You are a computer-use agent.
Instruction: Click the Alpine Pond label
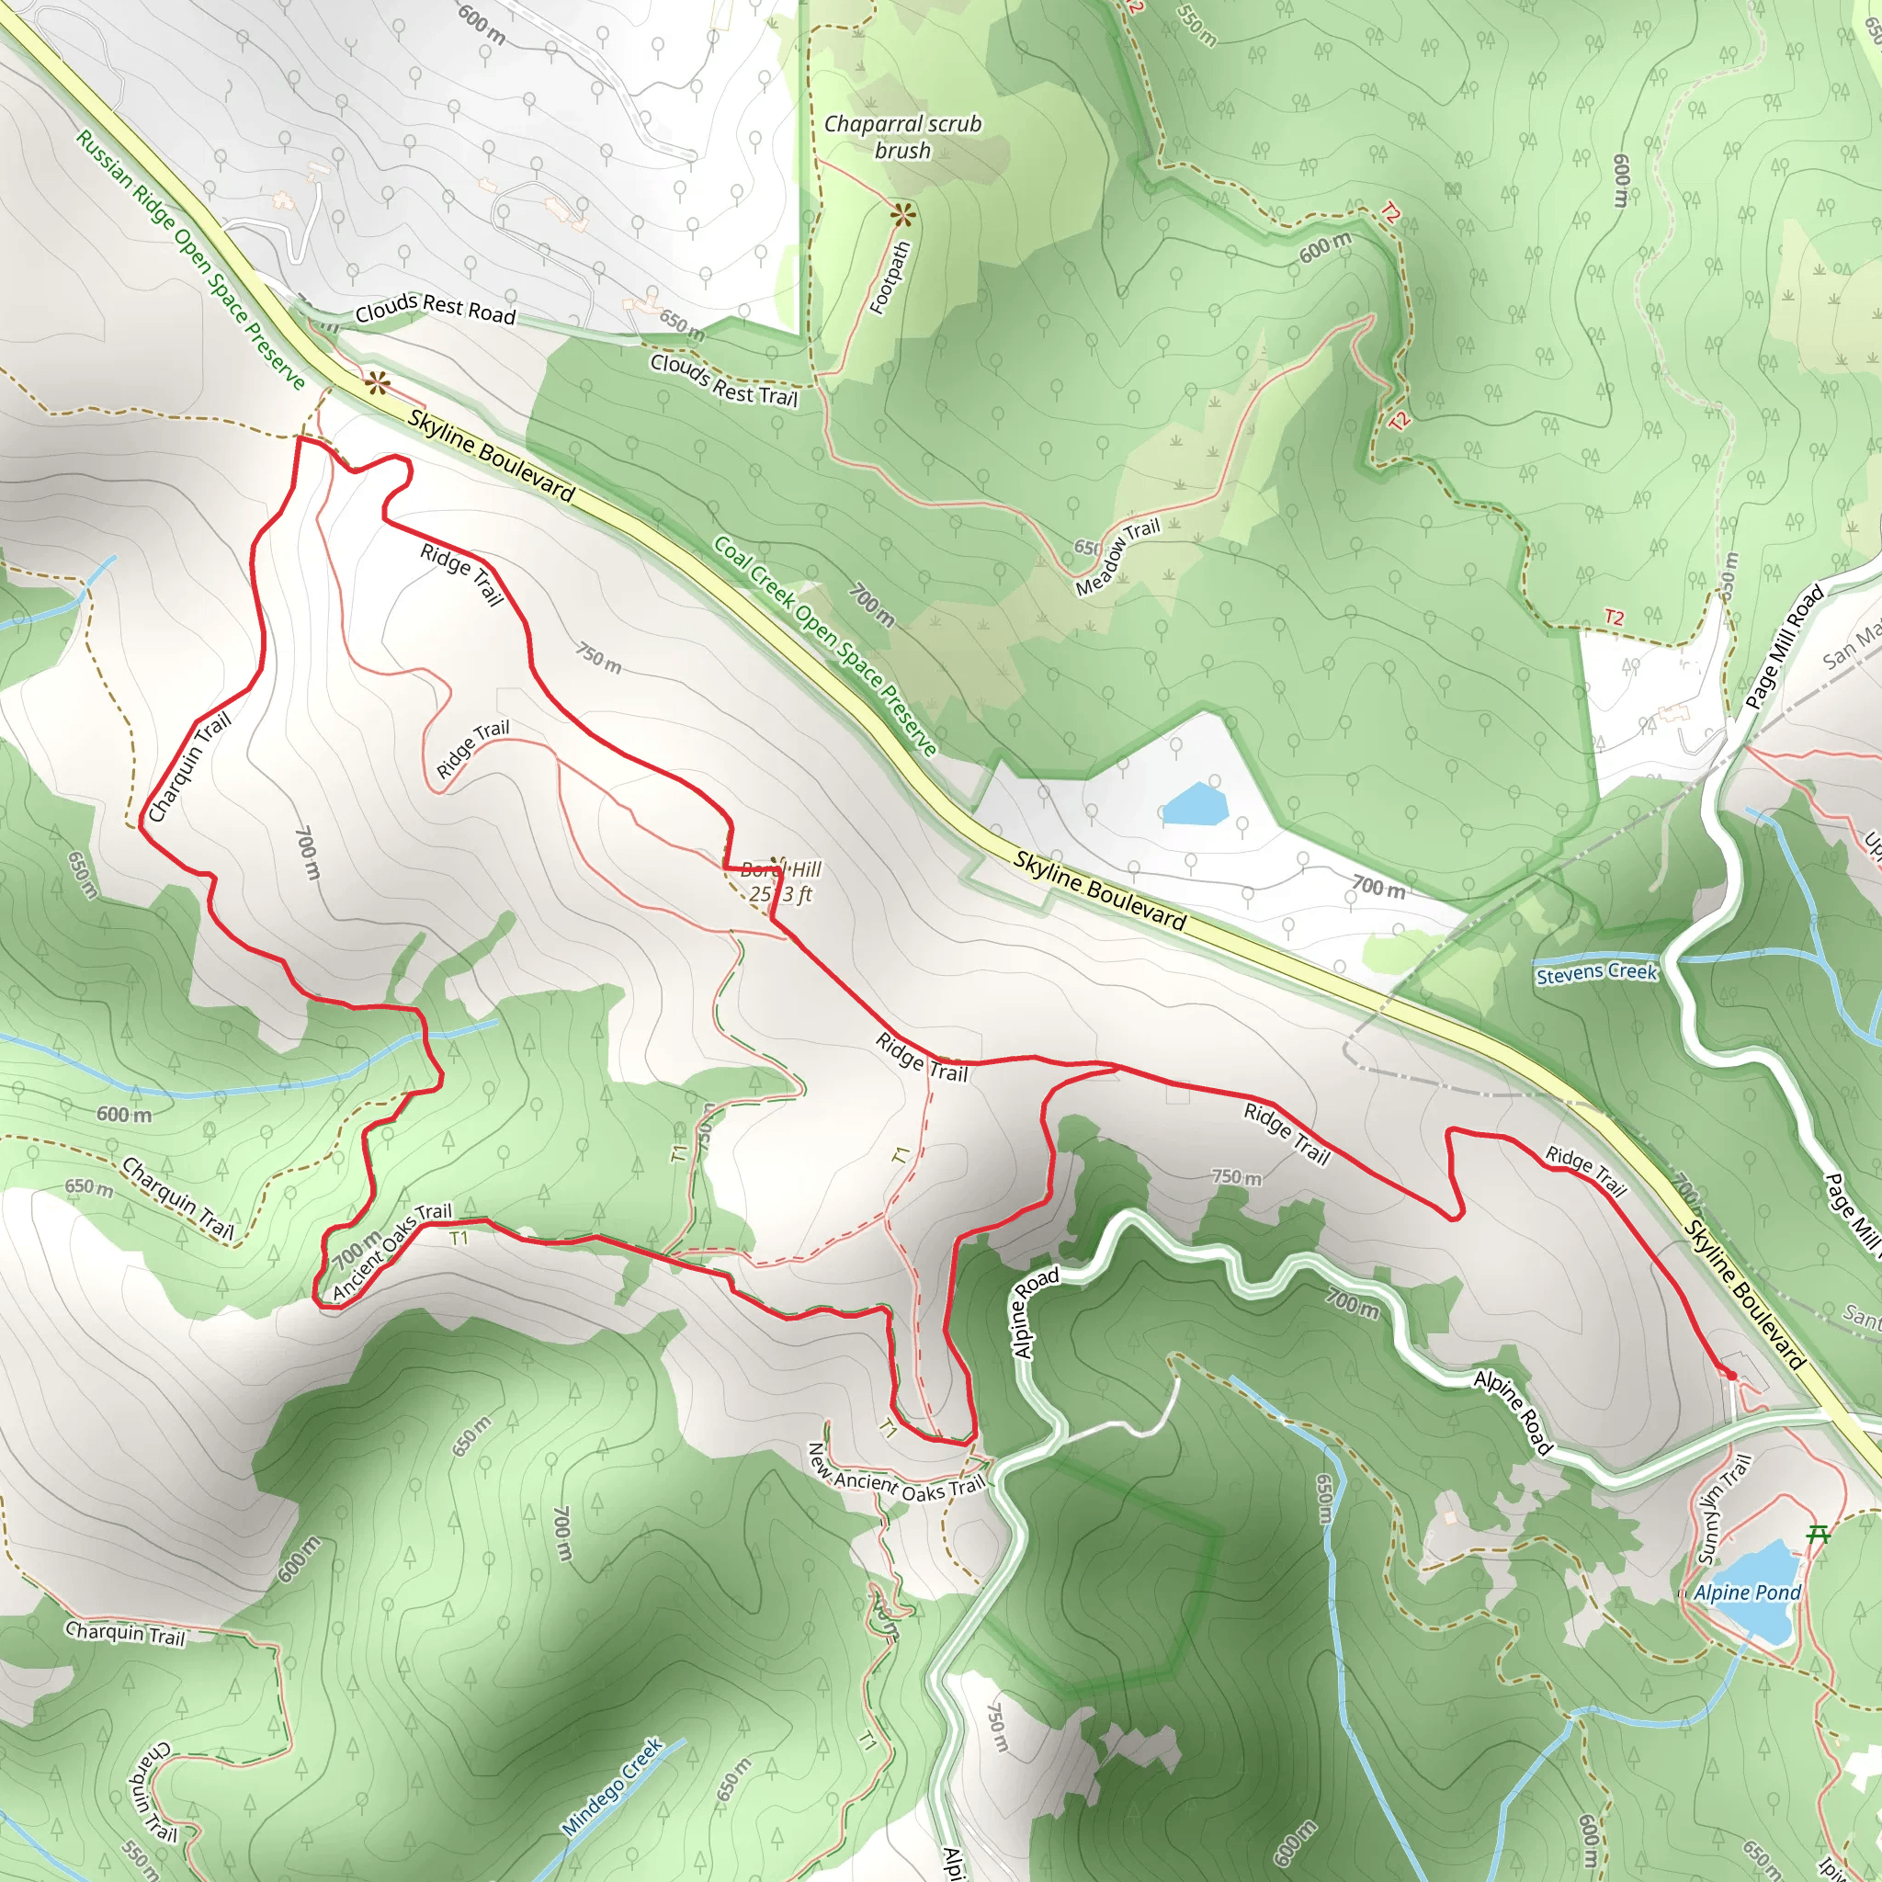tap(1747, 1593)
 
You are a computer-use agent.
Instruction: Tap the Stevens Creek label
tap(1595, 972)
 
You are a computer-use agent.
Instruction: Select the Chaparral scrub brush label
tap(902, 137)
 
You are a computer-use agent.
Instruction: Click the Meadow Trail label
tap(1117, 557)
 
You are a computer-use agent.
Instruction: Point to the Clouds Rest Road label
tap(435, 308)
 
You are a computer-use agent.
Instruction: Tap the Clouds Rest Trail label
tap(723, 380)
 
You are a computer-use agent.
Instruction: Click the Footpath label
tap(890, 278)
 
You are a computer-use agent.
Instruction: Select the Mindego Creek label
tap(613, 1786)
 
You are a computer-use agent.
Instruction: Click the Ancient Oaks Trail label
tap(391, 1251)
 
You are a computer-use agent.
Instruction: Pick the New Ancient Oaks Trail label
tap(896, 1473)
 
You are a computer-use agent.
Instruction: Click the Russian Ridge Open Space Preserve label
tap(191, 259)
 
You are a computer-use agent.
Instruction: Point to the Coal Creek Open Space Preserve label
tap(825, 645)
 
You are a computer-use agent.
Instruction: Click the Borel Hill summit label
tap(780, 881)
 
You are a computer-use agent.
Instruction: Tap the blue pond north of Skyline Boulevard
tap(1195, 805)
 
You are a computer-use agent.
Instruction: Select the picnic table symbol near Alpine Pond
tap(1818, 1536)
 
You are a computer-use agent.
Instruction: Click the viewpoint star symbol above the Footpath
tap(903, 213)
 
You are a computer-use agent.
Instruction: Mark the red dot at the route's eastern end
tap(1731, 1376)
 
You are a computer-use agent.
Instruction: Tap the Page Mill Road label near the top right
tap(1784, 646)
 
